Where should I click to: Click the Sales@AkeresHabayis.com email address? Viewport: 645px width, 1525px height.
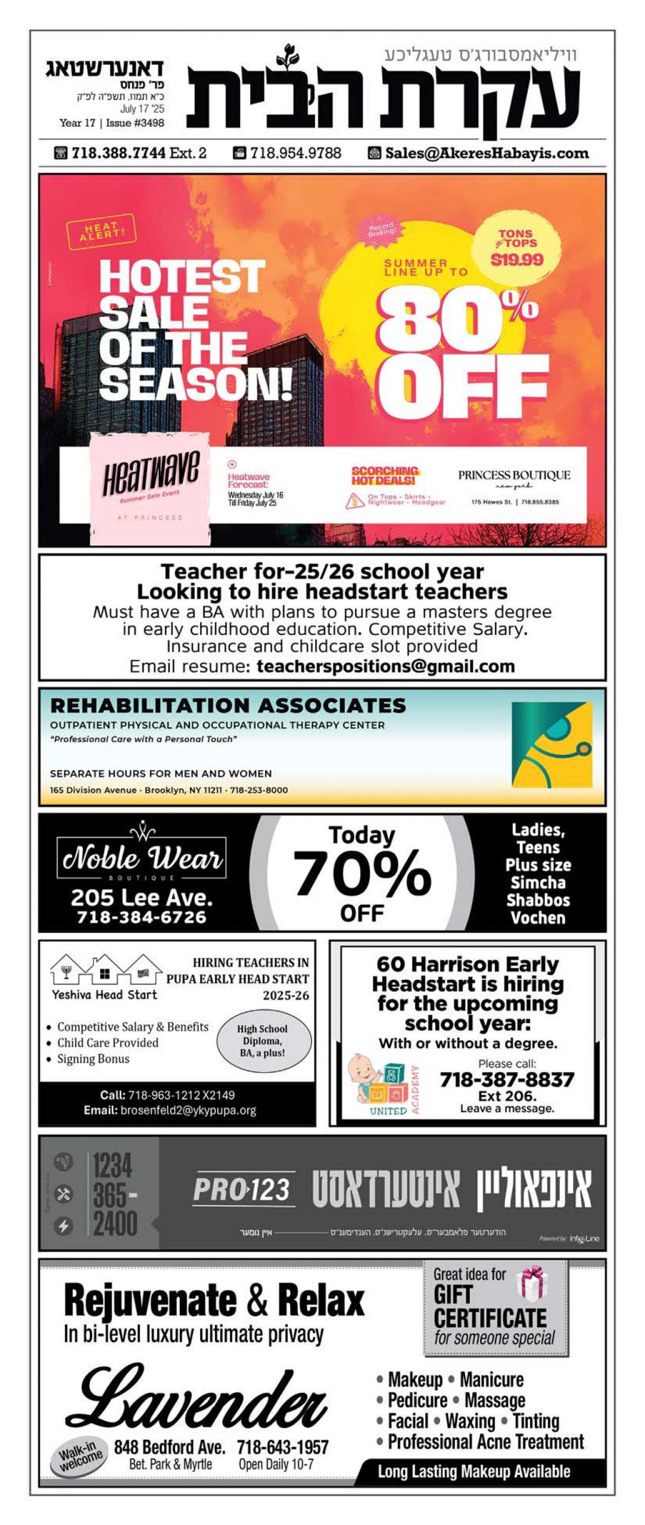[487, 153]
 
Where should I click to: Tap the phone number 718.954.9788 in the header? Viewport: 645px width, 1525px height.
[295, 153]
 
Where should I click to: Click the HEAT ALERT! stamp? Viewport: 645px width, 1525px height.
[101, 231]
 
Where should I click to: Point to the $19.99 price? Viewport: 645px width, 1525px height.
[517, 260]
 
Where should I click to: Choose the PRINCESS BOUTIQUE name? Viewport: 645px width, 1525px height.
[514, 475]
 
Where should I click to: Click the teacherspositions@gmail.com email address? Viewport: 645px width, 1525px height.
[385, 666]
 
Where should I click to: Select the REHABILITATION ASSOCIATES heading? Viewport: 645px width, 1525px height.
[228, 705]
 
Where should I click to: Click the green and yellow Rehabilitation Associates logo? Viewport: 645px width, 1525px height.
[551, 745]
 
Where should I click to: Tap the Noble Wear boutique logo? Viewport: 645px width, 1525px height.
[142, 857]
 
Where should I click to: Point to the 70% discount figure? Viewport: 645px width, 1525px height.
[362, 873]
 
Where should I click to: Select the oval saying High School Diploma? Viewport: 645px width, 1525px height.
[263, 1041]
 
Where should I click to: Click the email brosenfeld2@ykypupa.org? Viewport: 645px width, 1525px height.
[188, 1110]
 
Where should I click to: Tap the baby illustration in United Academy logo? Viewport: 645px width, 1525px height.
[363, 1075]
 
